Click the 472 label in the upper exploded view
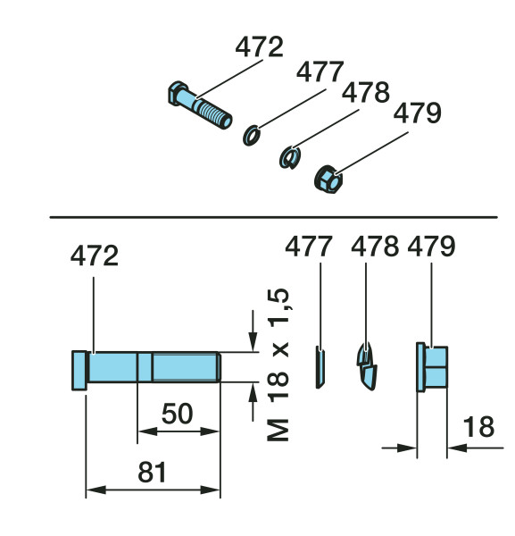pos(259,46)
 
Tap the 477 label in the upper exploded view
pos(320,71)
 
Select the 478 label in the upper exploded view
pos(366,92)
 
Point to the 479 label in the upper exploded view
pos(418,113)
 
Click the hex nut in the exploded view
pos(328,180)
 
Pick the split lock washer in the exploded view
pos(290,157)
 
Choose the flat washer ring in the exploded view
pos(251,136)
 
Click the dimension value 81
pos(152,472)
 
